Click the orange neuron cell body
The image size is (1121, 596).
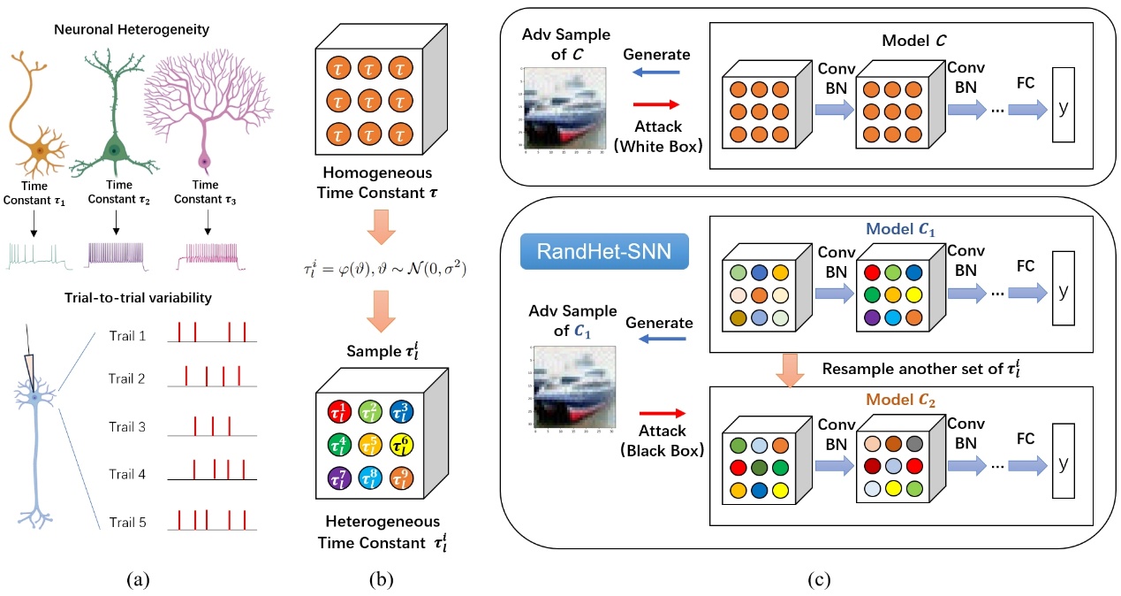point(39,151)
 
